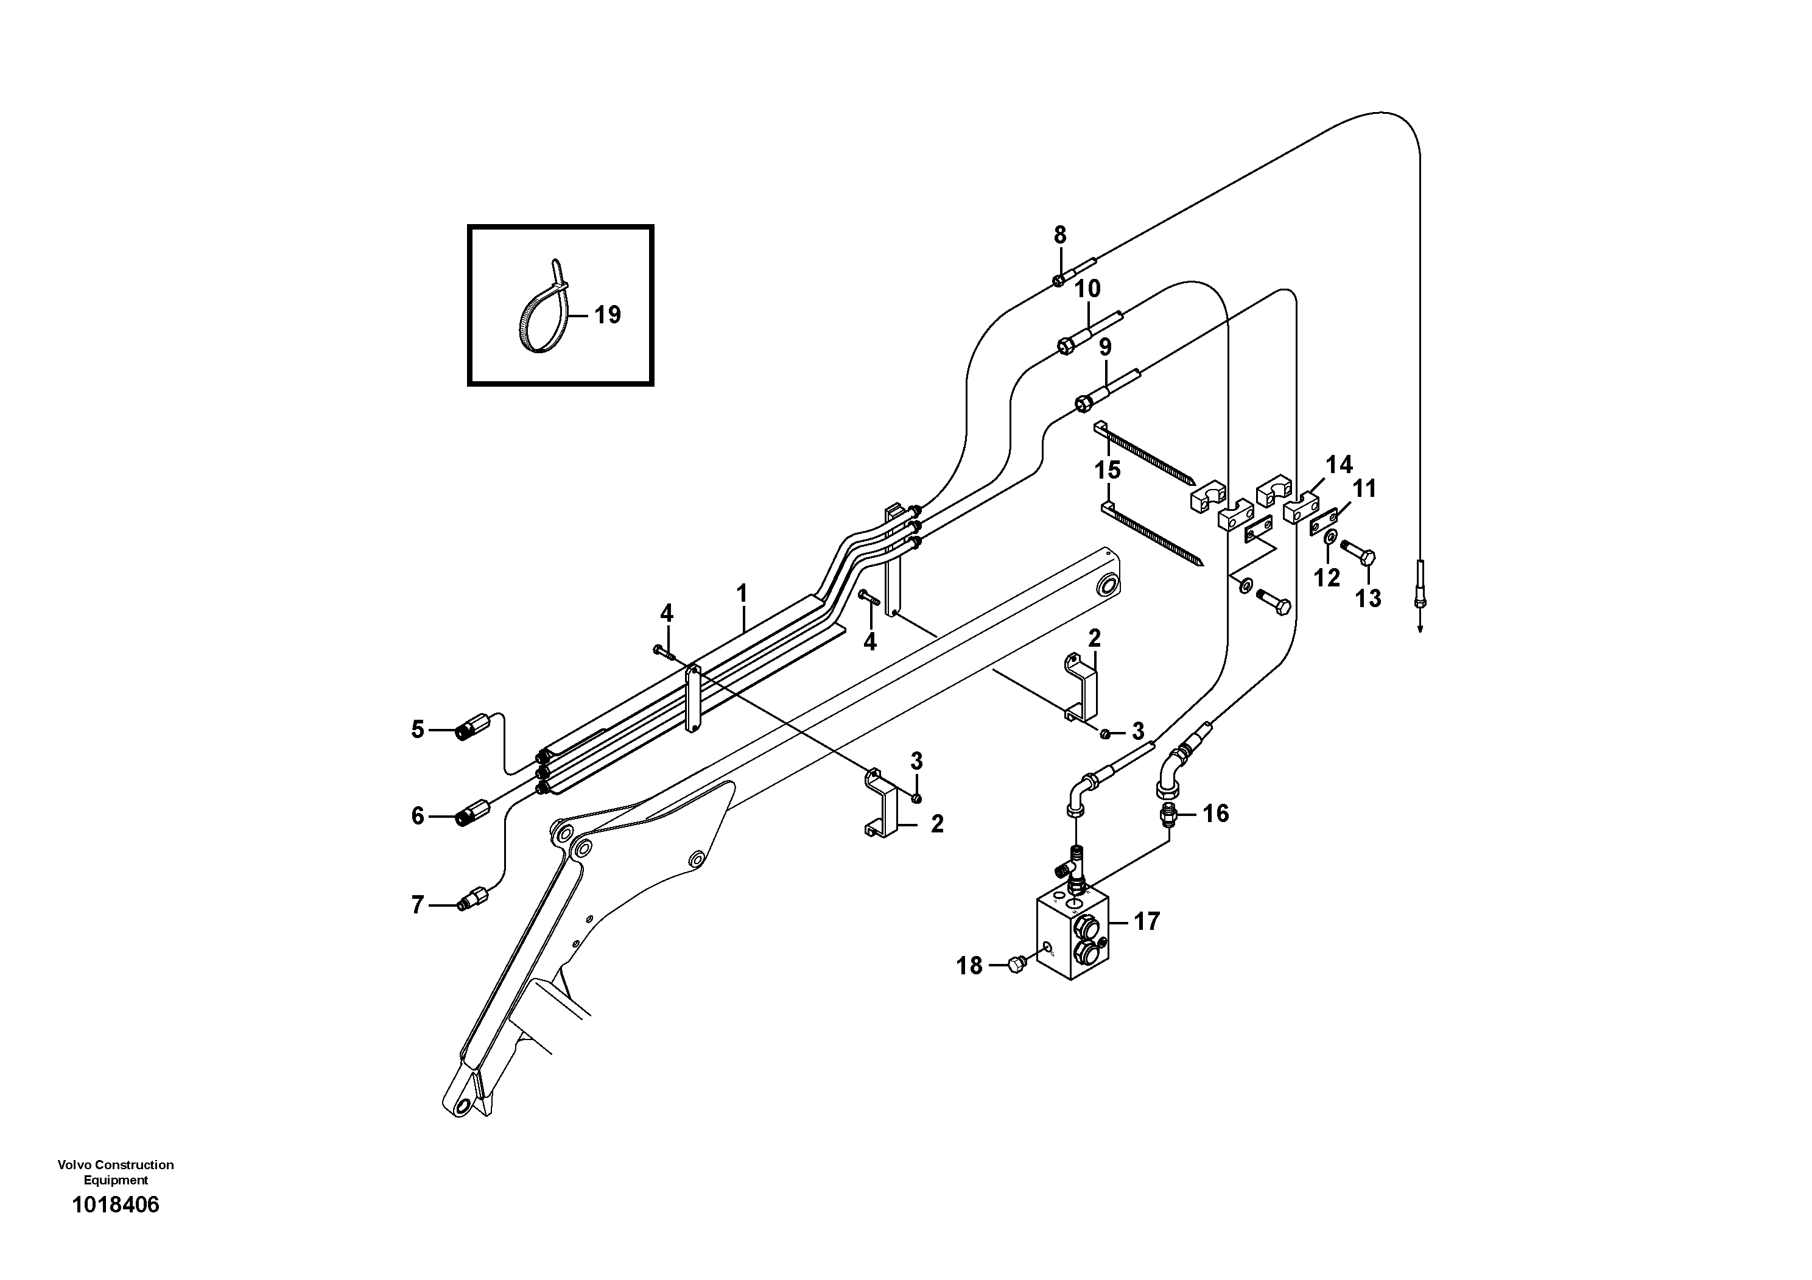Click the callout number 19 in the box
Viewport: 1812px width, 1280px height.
pos(607,315)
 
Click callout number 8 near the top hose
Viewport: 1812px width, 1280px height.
pos(1060,235)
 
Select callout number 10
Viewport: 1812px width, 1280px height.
pos(1087,289)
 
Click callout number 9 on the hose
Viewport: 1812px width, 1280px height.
pos(1105,347)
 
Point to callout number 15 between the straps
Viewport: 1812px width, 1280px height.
pos(1108,470)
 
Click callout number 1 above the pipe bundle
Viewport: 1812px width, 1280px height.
pos(742,592)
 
